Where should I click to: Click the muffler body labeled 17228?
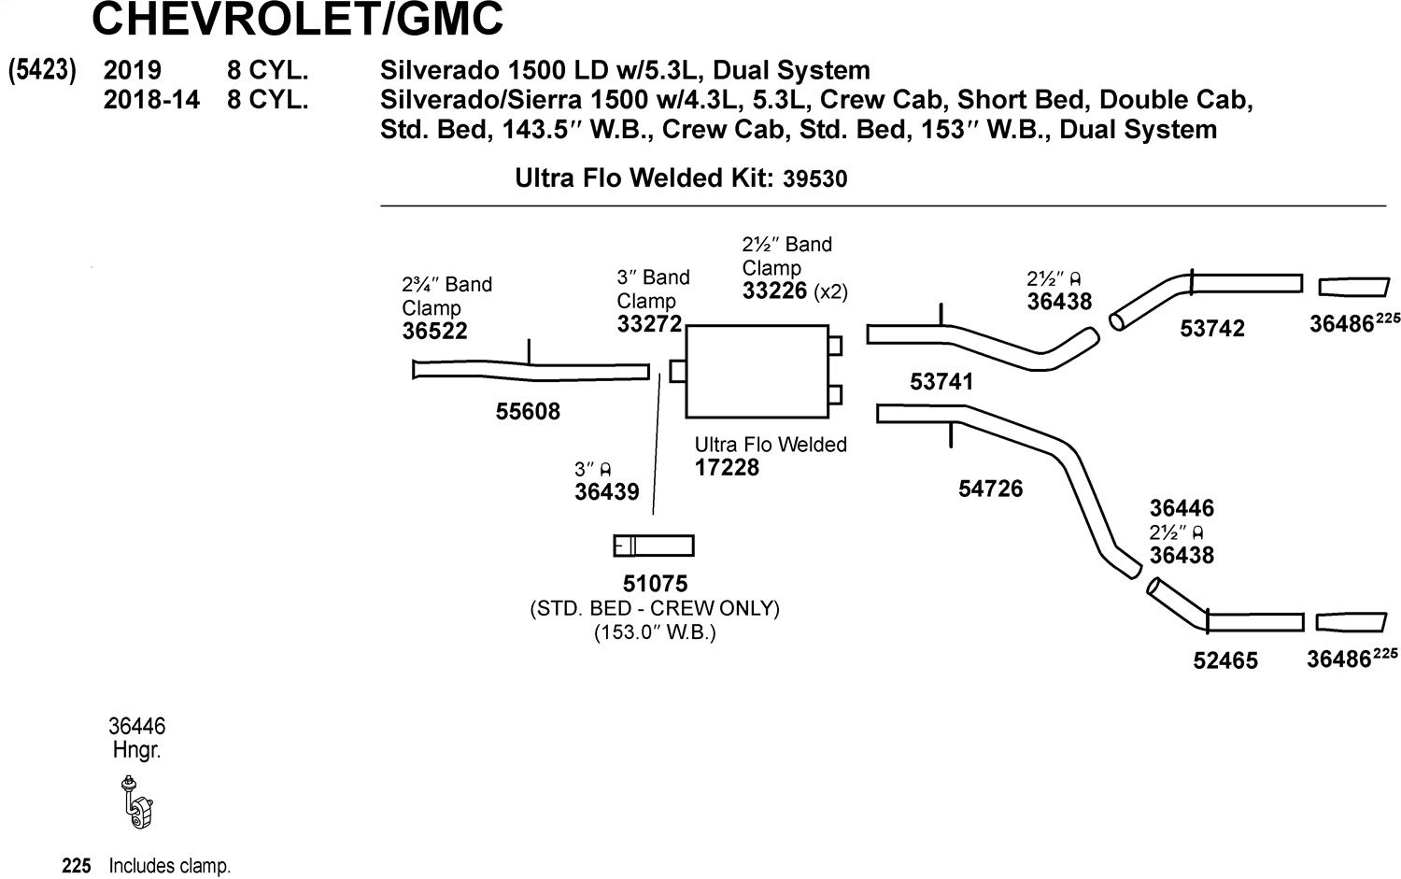click(757, 372)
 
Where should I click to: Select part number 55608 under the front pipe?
click(528, 412)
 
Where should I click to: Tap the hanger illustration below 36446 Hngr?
click(137, 802)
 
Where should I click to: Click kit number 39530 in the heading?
click(815, 179)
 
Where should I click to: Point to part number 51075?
click(655, 584)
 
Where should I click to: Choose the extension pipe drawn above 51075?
click(654, 546)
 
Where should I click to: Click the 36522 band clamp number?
click(434, 331)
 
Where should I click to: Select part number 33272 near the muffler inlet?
click(649, 324)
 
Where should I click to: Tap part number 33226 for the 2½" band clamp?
click(774, 291)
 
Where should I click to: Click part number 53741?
click(941, 382)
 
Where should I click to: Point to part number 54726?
click(990, 489)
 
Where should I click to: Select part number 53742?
click(1212, 329)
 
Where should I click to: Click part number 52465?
click(1225, 660)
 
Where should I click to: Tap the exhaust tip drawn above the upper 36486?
click(1354, 287)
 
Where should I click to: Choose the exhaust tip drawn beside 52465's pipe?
click(1351, 622)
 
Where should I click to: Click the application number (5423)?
click(42, 70)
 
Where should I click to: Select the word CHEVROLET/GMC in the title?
click(297, 19)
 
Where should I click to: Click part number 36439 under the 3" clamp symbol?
click(607, 491)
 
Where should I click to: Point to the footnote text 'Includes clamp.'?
click(169, 866)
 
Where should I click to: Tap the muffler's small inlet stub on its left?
click(678, 371)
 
